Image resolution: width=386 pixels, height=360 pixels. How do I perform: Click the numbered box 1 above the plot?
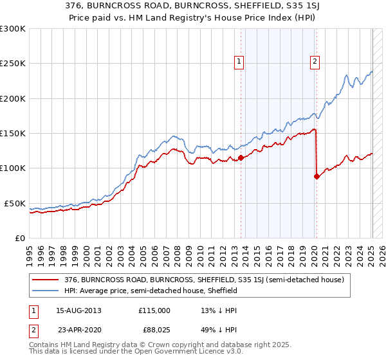(239, 62)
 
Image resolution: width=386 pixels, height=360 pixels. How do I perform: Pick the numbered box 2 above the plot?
(315, 62)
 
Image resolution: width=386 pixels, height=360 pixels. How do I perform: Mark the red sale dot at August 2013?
(241, 157)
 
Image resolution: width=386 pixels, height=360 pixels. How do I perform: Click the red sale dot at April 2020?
(317, 176)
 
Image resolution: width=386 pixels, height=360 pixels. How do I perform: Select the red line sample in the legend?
(46, 280)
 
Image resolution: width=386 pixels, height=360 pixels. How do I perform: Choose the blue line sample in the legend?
(46, 291)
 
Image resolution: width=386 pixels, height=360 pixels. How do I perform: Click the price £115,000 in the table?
(154, 310)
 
